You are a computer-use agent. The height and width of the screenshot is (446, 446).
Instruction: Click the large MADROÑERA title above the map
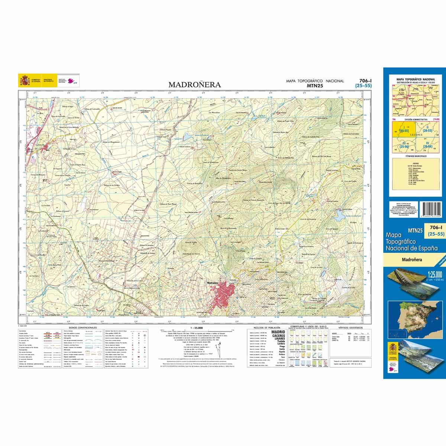[195, 85]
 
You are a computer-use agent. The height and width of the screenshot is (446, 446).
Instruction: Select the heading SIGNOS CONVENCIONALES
[80, 327]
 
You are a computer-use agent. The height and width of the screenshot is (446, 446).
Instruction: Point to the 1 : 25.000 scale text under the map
[196, 327]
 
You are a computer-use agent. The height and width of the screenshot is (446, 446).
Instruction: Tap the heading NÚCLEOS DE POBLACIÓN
[264, 327]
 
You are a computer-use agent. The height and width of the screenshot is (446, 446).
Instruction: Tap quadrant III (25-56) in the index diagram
[401, 145]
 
